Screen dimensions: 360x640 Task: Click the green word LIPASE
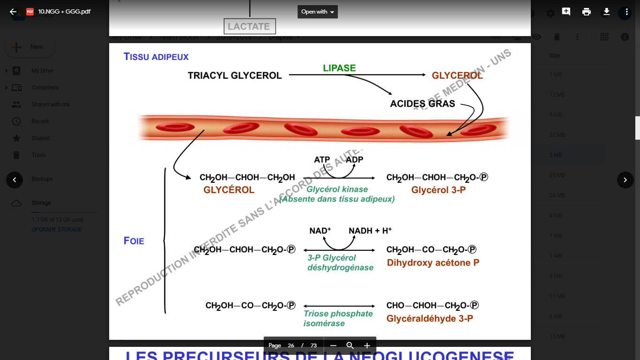coord(339,68)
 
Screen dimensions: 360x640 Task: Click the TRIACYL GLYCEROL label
coord(235,75)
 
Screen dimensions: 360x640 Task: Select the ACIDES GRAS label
coord(422,104)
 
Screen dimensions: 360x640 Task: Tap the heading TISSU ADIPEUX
coord(156,57)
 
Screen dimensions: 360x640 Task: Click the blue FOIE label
coord(134,241)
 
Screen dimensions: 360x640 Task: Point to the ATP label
coord(322,160)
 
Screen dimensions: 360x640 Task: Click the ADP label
coord(355,159)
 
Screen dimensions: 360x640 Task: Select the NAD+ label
coord(320,231)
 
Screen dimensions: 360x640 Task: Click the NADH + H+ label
coord(370,231)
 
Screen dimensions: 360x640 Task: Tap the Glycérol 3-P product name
coord(438,190)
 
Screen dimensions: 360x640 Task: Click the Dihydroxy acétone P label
coord(433,262)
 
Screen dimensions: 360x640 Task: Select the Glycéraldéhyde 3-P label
coord(430,318)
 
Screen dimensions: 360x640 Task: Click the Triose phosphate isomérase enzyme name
coord(338,318)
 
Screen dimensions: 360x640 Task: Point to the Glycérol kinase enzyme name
coord(337,189)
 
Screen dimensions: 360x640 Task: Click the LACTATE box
coord(249,26)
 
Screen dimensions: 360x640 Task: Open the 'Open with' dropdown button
coord(317,12)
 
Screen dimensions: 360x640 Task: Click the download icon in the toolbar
coord(606,12)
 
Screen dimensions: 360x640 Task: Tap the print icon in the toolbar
coord(586,12)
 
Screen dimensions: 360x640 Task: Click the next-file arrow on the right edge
coord(625,180)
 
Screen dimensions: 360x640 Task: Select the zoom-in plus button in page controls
coord(367,345)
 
